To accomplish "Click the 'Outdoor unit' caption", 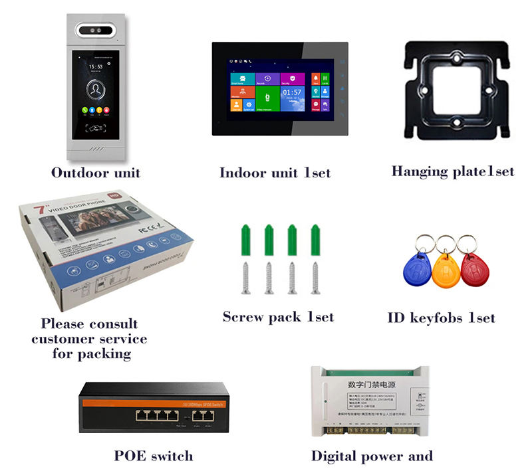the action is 96,173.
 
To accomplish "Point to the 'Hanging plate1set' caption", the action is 453,171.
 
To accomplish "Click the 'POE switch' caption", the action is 154,456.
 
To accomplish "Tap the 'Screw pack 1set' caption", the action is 278,317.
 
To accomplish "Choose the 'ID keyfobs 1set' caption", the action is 441,318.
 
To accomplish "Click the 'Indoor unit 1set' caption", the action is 275,173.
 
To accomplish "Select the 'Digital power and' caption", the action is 372,456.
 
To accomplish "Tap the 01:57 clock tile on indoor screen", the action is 292,96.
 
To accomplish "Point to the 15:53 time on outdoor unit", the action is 96,66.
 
